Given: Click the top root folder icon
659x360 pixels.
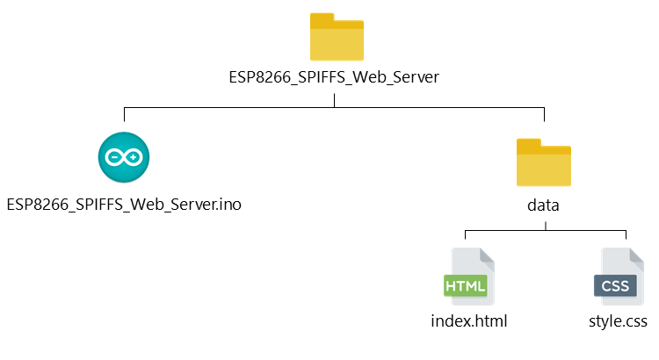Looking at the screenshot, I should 336,37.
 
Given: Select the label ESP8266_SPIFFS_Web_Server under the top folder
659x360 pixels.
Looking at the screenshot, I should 334,78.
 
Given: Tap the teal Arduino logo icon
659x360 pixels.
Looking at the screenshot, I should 124,157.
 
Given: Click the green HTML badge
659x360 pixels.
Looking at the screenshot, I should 465,286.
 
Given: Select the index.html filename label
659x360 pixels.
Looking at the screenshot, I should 469,321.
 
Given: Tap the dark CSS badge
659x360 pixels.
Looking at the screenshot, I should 615,286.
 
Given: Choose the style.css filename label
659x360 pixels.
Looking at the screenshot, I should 618,321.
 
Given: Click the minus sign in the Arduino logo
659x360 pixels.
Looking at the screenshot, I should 114,158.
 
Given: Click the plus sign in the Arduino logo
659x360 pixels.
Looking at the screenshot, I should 134,158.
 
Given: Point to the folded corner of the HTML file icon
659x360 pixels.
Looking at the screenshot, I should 487,256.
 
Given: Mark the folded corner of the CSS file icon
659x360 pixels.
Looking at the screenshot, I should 637,256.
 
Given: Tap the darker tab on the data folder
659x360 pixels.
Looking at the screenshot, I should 530,144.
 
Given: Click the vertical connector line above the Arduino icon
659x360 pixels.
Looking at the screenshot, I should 124,114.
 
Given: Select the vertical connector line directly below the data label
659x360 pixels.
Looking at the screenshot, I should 545,225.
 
